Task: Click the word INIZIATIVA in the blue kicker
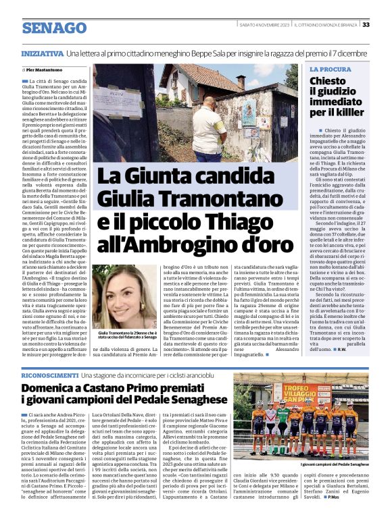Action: pos(42,53)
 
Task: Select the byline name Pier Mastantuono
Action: pos(48,69)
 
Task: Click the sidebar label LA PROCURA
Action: pos(330,70)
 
